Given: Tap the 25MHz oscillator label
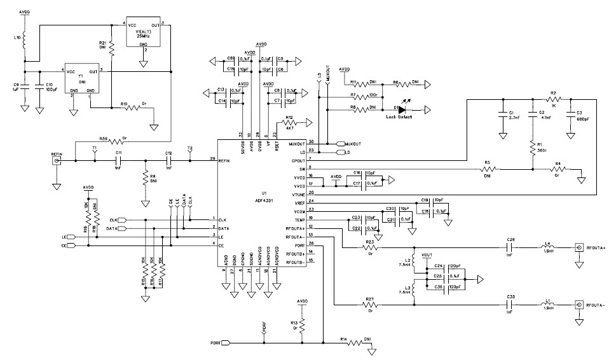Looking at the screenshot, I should (x=144, y=36).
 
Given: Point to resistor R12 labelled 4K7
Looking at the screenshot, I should (x=289, y=123).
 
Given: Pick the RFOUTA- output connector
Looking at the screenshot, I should (x=579, y=305).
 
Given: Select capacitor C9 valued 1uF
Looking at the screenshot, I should (x=24, y=85).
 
